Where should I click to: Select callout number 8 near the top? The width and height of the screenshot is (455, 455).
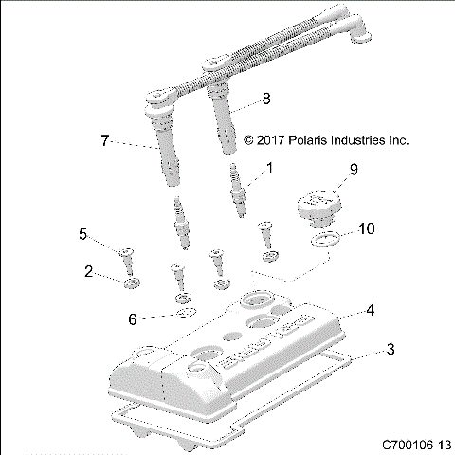pos(266,98)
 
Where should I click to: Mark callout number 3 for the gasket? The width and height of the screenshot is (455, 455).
pos(390,351)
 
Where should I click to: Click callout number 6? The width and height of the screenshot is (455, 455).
pos(134,318)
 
